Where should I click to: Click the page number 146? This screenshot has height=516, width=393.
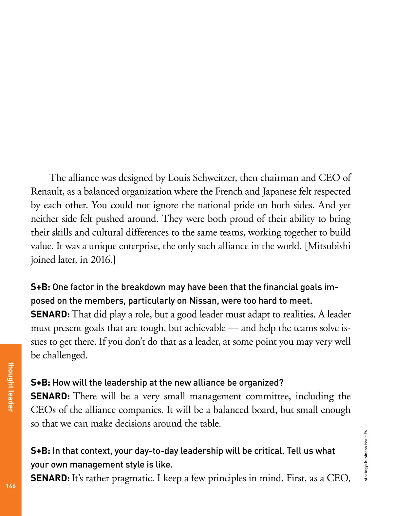click(x=11, y=486)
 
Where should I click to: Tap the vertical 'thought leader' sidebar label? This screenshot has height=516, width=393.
click(x=11, y=387)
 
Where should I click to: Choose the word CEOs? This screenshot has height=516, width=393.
click(x=43, y=410)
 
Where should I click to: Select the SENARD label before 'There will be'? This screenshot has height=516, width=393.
click(x=50, y=396)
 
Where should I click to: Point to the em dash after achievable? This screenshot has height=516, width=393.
click(x=233, y=328)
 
